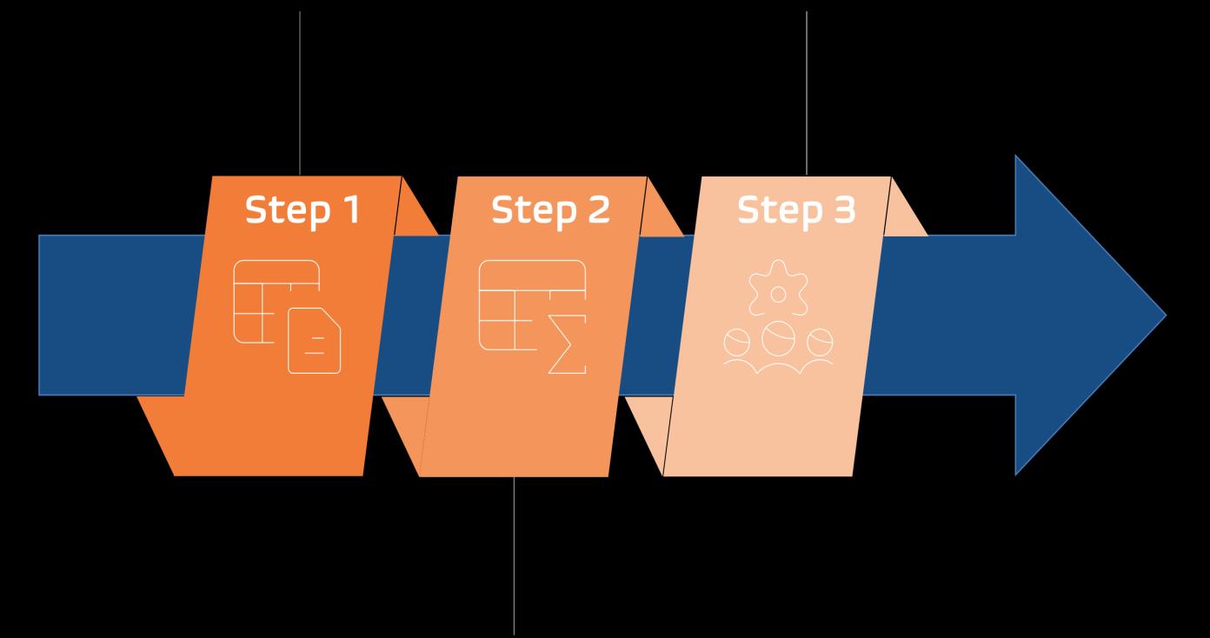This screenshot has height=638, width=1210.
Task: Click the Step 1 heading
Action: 302,209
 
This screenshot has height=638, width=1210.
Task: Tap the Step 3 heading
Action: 796,209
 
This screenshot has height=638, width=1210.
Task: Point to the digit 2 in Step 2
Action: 598,209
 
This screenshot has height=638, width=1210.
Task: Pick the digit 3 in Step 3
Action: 842,209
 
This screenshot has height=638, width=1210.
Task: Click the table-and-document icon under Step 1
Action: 287,316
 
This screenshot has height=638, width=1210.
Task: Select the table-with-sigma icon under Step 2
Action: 532,316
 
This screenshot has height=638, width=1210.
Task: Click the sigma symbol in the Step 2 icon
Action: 567,347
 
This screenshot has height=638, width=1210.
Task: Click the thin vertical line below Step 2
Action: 515,556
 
